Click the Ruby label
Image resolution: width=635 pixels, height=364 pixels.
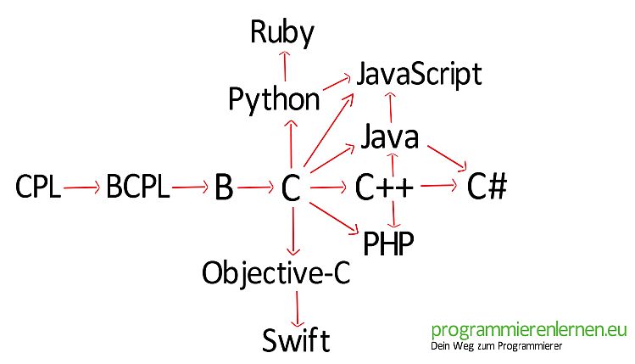(x=282, y=32)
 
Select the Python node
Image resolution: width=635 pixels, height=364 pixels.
(x=274, y=99)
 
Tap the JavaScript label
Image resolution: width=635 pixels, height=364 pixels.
(x=419, y=75)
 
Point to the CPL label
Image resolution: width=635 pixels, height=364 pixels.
(x=38, y=187)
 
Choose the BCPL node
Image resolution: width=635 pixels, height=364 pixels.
(x=137, y=187)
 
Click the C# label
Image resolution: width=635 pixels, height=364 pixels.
(x=487, y=186)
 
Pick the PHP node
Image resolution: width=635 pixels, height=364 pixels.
(x=389, y=244)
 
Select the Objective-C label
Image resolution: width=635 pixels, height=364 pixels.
(x=276, y=272)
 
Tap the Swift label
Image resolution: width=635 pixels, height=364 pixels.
(x=296, y=339)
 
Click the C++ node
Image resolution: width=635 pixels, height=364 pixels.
(x=384, y=188)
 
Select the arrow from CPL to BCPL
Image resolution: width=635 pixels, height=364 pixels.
(x=81, y=188)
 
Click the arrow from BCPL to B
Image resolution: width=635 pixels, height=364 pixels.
(x=190, y=188)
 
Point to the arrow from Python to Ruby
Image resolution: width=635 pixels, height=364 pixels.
(x=285, y=66)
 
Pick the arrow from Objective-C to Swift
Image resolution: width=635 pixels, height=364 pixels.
(x=298, y=309)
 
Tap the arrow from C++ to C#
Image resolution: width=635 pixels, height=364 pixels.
(x=439, y=186)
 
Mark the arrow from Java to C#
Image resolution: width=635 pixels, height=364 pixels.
(x=447, y=158)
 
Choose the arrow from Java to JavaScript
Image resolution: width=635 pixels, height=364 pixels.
(x=390, y=108)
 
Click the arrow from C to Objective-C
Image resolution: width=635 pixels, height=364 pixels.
(x=293, y=231)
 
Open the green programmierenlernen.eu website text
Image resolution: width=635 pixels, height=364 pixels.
(x=529, y=330)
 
